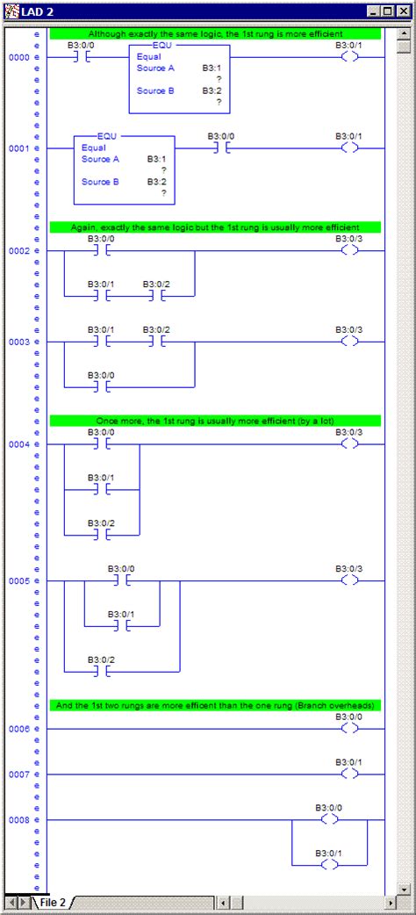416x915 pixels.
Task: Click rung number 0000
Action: pyautogui.click(x=18, y=57)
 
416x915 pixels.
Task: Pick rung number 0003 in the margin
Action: pyautogui.click(x=18, y=342)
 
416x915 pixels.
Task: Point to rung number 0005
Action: pyautogui.click(x=18, y=581)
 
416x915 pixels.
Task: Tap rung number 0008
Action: pyautogui.click(x=18, y=820)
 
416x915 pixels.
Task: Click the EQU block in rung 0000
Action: pyautogui.click(x=179, y=79)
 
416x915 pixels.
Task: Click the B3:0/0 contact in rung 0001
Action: pyautogui.click(x=220, y=148)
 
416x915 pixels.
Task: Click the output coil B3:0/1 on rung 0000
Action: pyautogui.click(x=349, y=57)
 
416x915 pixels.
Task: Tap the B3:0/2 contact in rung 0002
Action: pyautogui.click(x=156, y=296)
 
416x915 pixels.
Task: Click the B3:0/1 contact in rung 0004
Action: pyautogui.click(x=101, y=489)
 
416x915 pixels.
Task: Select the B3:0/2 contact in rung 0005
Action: pyautogui.click(x=101, y=672)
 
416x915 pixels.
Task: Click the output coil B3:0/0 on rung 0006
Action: pyautogui.click(x=349, y=729)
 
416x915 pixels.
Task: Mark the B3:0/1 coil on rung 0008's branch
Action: pyautogui.click(x=329, y=865)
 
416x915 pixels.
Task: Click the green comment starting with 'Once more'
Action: pyautogui.click(x=215, y=421)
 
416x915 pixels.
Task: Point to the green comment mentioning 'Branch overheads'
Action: pyautogui.click(x=215, y=705)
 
